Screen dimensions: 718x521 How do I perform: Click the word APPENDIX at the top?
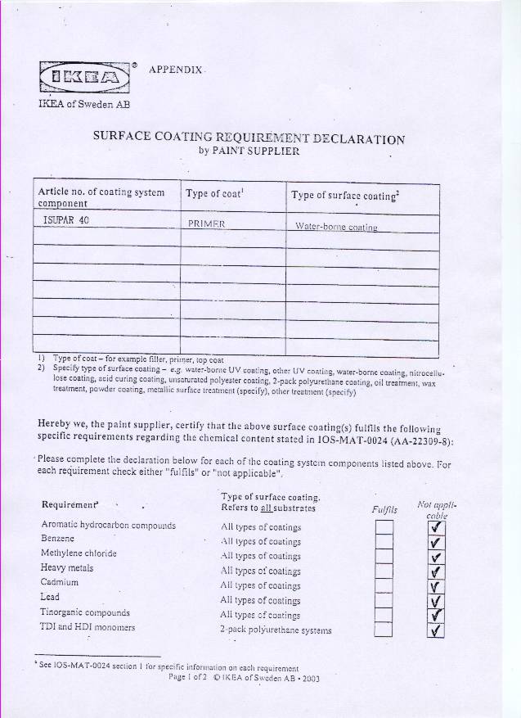(176, 70)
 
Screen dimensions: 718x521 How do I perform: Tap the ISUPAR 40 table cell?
(65, 220)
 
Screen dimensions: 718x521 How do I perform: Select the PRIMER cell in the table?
(206, 224)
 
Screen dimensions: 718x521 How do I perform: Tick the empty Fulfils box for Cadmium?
(383, 585)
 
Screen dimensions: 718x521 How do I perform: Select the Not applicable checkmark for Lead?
(435, 600)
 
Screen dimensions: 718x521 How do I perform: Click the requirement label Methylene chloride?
(79, 553)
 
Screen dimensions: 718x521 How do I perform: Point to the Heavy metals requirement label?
(67, 568)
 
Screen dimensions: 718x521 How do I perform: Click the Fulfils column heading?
(384, 509)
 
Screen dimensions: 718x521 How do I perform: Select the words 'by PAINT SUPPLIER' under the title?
(249, 151)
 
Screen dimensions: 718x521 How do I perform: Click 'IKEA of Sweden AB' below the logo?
(84, 104)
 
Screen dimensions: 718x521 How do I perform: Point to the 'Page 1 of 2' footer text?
(189, 677)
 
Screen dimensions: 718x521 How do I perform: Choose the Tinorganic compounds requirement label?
(85, 612)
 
